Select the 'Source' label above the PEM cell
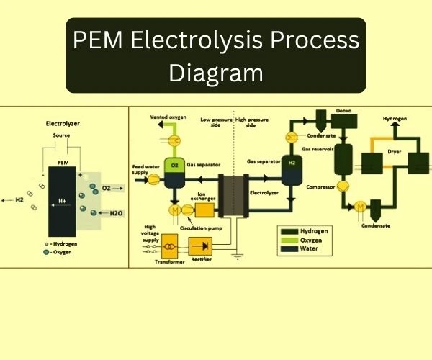click(x=62, y=135)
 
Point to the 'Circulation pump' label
click(x=204, y=229)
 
